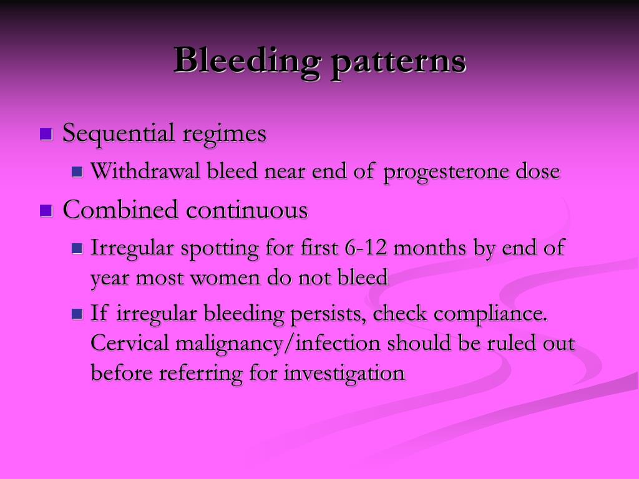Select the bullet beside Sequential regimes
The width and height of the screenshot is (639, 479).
(x=46, y=134)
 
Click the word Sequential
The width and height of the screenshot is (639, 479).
(x=119, y=134)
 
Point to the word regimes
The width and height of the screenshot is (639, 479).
(x=224, y=134)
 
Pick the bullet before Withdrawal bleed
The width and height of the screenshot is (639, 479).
(x=77, y=172)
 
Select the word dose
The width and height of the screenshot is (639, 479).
(x=538, y=172)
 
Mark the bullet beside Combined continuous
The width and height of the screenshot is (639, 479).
(x=46, y=210)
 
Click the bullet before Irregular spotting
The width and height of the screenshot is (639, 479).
(x=77, y=248)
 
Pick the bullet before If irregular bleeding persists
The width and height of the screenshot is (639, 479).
(x=77, y=314)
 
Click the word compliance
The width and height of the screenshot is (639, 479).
(x=491, y=314)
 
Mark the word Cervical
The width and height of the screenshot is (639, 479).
(x=131, y=344)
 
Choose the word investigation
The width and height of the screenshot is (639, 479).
(x=344, y=373)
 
